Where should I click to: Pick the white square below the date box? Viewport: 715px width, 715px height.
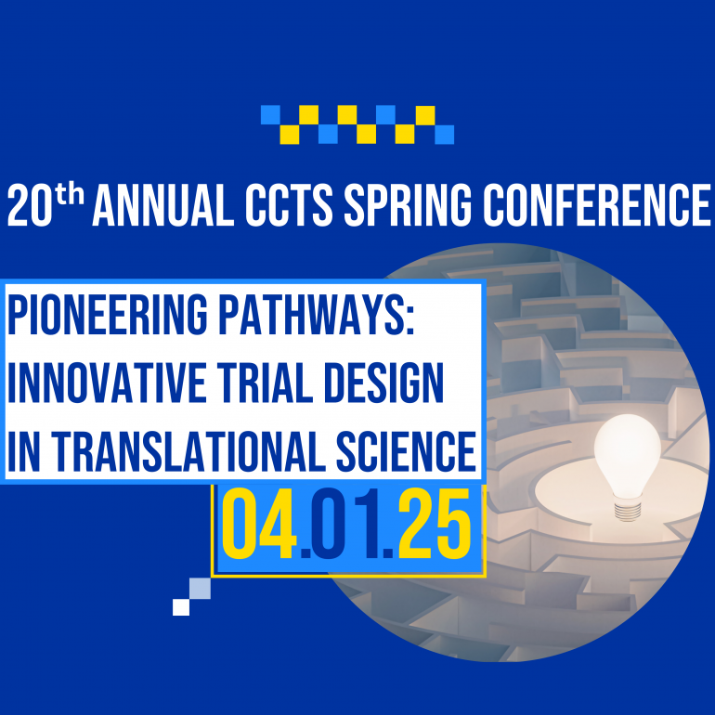click(181, 607)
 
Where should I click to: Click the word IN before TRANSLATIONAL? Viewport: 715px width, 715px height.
click(22, 449)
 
